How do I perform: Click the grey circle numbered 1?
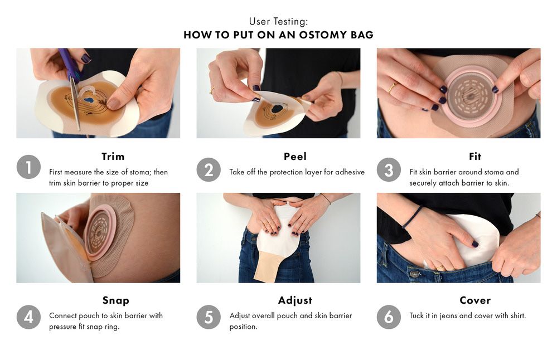point(28,167)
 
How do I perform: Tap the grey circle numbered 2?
point(209,170)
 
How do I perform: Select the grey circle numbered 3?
point(389,170)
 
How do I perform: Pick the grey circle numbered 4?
point(28,317)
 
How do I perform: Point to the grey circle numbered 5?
point(209,317)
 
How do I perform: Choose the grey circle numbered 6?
point(389,317)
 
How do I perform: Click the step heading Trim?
point(113,157)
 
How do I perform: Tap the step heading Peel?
point(295,157)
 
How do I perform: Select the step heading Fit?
point(475,157)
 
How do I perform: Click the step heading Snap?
point(116,301)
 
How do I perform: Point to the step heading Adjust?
point(295,301)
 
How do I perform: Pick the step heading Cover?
point(475,300)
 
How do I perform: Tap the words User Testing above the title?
point(279,22)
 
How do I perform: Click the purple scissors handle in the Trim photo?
point(68,62)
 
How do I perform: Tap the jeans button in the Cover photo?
point(414,274)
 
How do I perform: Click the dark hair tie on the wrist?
point(411,217)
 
